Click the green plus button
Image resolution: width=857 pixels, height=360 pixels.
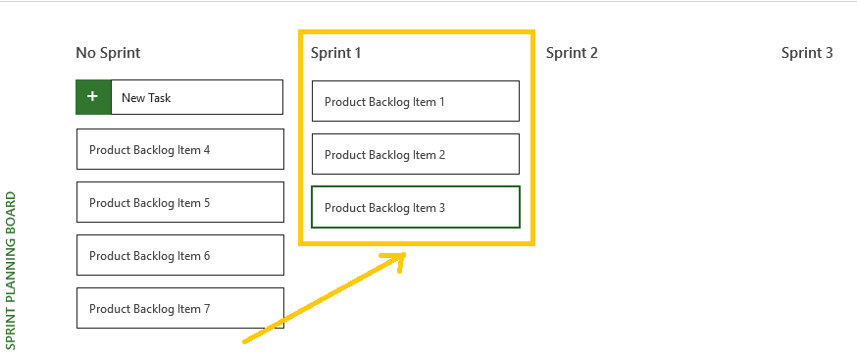click(93, 97)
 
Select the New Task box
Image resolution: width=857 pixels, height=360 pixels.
click(196, 97)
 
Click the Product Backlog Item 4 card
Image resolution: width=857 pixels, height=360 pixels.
click(179, 150)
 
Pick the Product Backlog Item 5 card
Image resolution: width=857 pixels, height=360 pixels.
click(179, 203)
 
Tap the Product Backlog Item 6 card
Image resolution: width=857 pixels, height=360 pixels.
click(179, 256)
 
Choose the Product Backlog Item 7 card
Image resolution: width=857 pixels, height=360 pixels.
click(179, 309)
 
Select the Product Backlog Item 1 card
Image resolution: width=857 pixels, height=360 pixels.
click(415, 102)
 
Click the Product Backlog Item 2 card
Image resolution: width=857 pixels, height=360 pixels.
click(415, 155)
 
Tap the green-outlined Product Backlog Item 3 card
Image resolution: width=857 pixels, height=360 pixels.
click(415, 208)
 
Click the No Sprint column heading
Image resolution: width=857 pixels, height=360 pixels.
click(115, 53)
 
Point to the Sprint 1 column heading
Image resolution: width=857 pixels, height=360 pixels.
click(336, 53)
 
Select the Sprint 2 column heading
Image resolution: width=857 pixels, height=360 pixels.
click(572, 53)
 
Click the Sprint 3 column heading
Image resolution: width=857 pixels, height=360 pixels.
click(807, 53)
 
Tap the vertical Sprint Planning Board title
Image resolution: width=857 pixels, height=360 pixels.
click(11, 270)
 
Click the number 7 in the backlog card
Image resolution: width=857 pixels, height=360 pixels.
click(207, 309)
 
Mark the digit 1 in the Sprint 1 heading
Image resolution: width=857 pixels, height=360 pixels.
click(358, 53)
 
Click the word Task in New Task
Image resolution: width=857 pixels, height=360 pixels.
click(160, 98)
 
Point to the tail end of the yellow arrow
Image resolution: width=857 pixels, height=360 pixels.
click(245, 341)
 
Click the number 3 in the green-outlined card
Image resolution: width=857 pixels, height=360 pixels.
click(442, 208)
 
